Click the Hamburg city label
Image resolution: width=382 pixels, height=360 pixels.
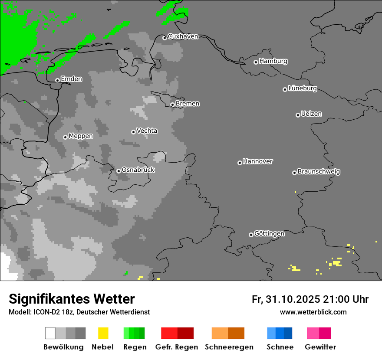click(273, 61)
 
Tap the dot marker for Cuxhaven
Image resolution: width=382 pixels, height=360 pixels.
click(165, 38)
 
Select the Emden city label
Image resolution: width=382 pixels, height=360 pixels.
click(71, 79)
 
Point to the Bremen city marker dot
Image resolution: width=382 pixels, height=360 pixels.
click(172, 105)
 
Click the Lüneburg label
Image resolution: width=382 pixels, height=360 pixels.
click(303, 88)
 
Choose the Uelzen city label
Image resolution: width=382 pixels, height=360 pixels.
click(311, 114)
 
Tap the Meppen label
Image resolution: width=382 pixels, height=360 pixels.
click(81, 136)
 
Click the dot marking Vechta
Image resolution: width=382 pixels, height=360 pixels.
click(133, 132)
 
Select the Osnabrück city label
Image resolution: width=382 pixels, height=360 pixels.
click(138, 170)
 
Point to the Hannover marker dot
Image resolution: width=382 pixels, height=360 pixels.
click(240, 163)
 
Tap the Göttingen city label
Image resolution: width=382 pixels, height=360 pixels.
click(269, 234)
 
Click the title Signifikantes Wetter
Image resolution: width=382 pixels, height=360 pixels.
click(72, 299)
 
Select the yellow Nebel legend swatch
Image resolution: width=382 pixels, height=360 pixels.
click(103, 333)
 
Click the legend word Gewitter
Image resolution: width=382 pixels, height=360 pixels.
click(320, 347)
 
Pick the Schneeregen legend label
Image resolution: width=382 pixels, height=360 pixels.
click(229, 347)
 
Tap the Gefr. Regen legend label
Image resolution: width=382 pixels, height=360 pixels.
click(177, 347)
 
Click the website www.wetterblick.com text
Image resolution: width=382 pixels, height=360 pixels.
click(313, 312)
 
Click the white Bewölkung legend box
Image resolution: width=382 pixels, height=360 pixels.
click(50, 333)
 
